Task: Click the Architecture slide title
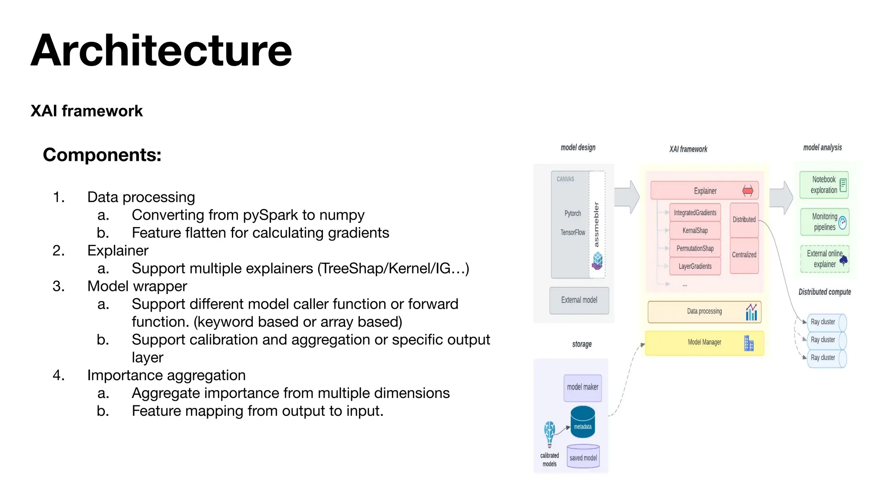[161, 51]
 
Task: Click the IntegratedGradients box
[695, 213]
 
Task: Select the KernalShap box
[695, 230]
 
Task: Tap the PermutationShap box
[695, 248]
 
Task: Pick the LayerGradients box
[695, 266]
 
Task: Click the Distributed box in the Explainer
[744, 220]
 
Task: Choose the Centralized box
[744, 255]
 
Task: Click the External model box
[579, 300]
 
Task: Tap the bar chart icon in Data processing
[751, 312]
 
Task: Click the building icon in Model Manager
[749, 344]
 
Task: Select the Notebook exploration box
[824, 185]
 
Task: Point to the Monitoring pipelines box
[824, 222]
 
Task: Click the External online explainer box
[824, 259]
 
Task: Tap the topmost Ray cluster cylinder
[826, 322]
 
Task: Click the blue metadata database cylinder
[583, 422]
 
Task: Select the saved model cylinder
[583, 457]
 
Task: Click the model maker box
[583, 387]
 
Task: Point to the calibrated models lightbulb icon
[549, 433]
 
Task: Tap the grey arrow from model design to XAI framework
[627, 197]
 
